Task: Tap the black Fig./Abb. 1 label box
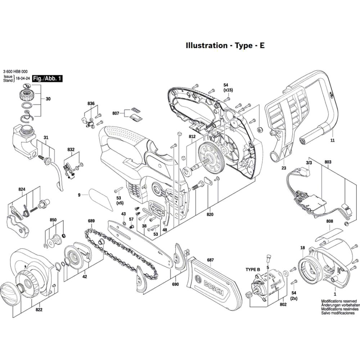(47, 78)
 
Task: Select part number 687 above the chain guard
(210, 260)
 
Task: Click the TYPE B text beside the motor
(253, 270)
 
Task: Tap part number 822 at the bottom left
(39, 309)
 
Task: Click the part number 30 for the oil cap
(48, 99)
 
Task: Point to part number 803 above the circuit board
(328, 163)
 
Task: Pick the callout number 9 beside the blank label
(79, 195)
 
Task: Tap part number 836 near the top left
(91, 104)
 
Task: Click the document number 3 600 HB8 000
(15, 71)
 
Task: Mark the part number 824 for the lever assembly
(21, 189)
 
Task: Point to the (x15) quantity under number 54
(228, 89)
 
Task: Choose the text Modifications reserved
(339, 301)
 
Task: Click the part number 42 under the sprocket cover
(85, 277)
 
